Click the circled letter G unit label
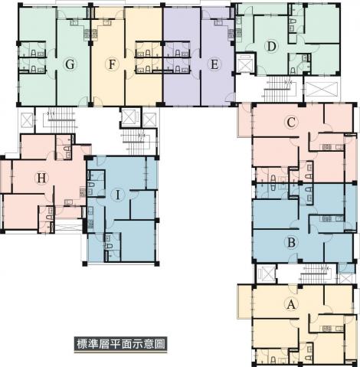pos(70,64)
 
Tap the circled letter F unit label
pos(112,64)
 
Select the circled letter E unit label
pos(214,64)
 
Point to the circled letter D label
pos(271,47)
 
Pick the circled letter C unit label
pos(291,123)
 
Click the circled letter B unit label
pos(291,242)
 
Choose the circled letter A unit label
pos(291,304)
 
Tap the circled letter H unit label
pos(41,178)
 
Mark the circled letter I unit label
pos(118,195)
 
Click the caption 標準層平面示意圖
pos(121,344)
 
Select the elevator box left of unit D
pos(245,62)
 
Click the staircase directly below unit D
pos(278,89)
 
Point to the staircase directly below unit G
pos(59,120)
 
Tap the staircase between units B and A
pos(316,274)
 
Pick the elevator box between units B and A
pos(266,274)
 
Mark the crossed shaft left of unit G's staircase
pos(27,120)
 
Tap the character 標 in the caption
pos(82,344)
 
